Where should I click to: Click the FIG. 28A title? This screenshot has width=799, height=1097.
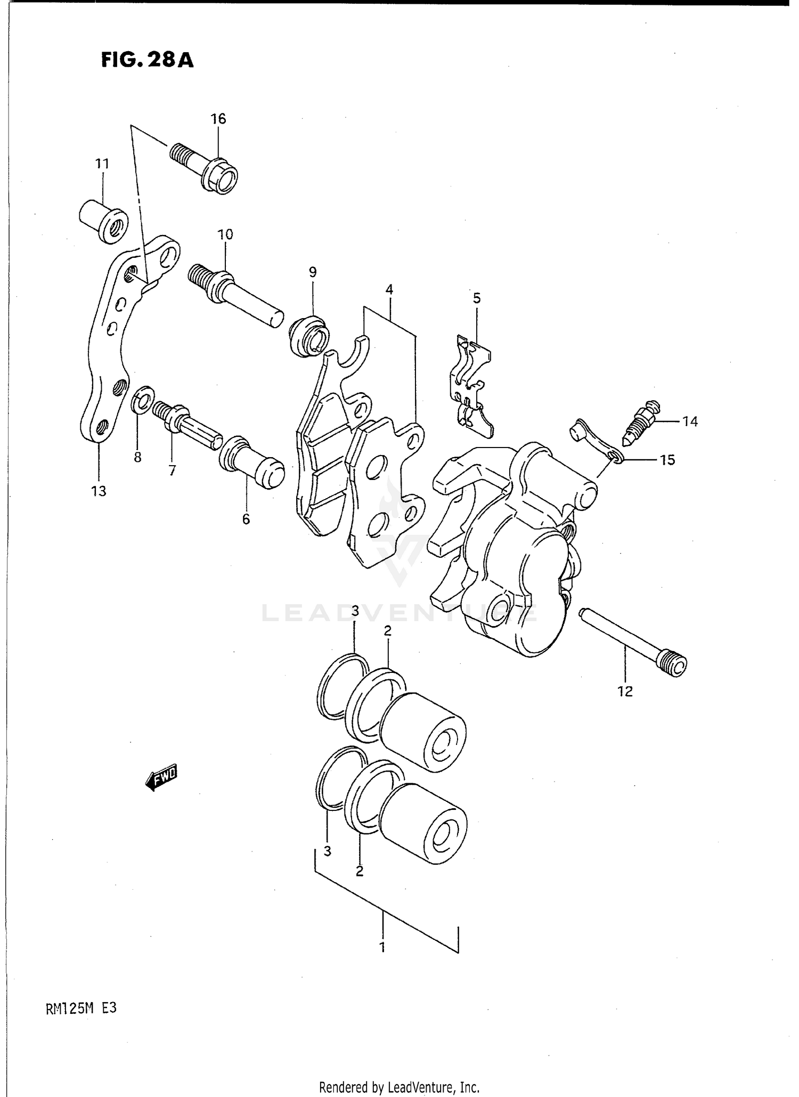point(147,60)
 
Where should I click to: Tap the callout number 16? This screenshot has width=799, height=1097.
point(218,119)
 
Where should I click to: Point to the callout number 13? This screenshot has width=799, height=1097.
point(99,491)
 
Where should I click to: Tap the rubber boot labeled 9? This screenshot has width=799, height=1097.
point(309,336)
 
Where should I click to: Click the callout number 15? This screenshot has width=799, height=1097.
point(667,459)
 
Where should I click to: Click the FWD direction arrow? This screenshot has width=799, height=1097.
point(161,779)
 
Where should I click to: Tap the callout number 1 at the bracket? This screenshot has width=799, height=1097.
point(382,948)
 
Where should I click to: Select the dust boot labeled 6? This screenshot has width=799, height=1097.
point(251,462)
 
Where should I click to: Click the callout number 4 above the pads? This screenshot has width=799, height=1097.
point(389,290)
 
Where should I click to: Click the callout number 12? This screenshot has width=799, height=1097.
point(625,692)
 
